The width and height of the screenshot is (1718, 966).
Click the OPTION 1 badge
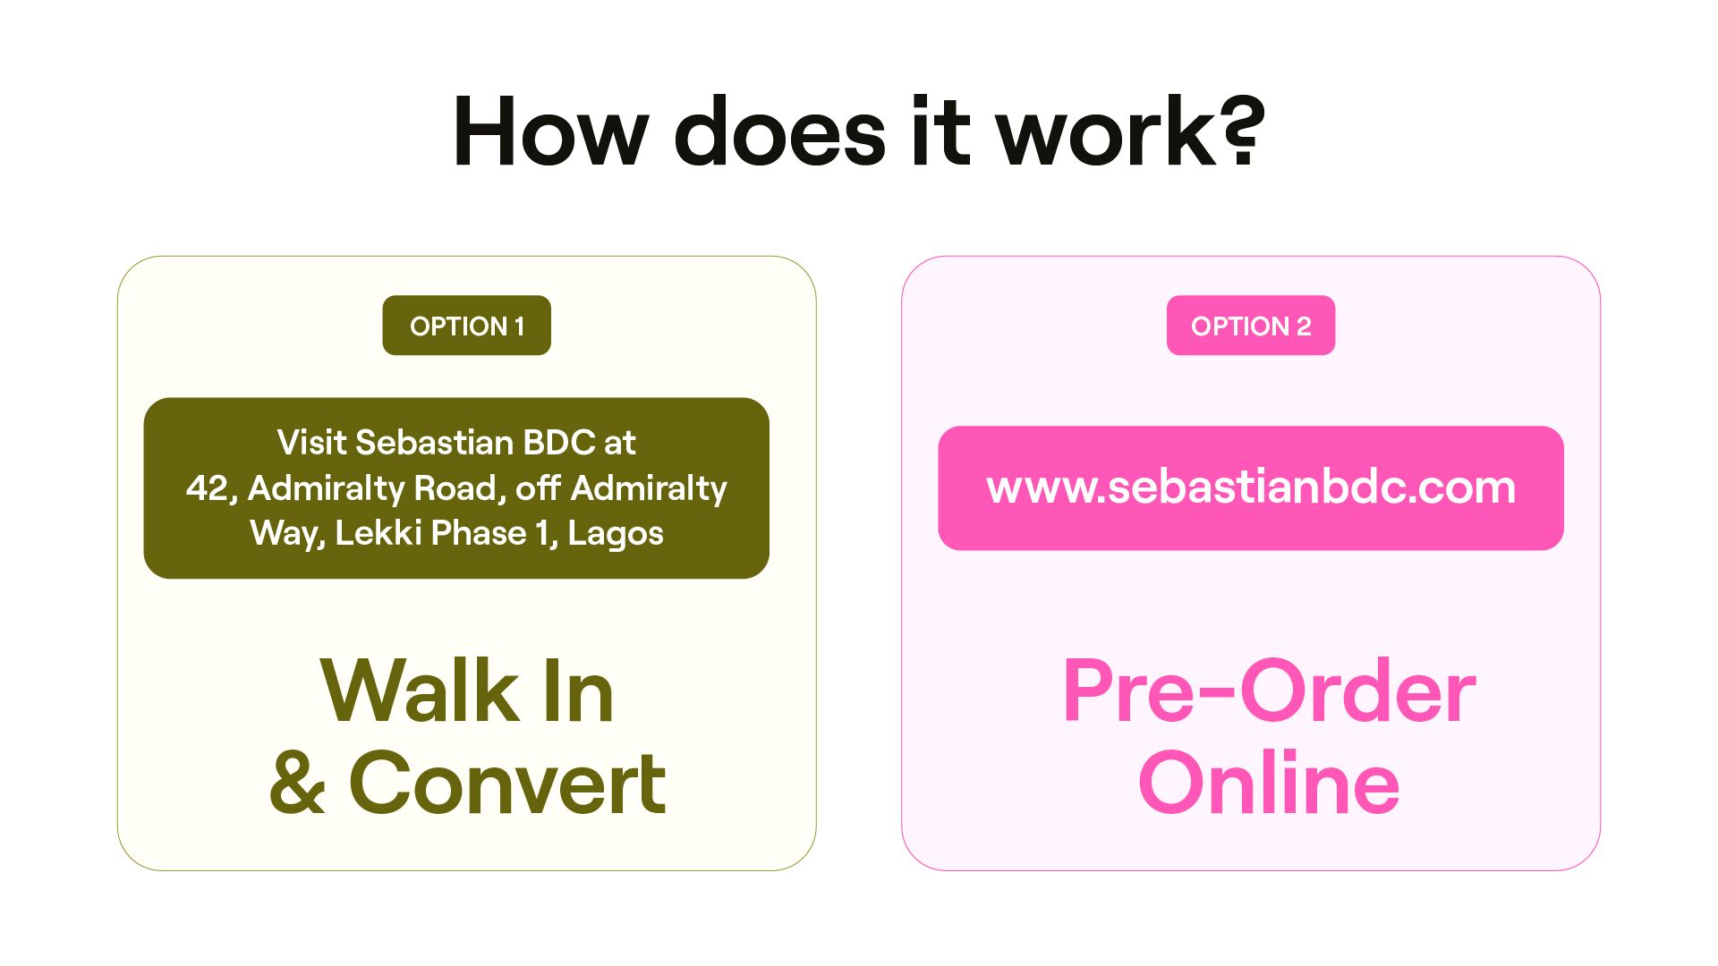click(x=466, y=326)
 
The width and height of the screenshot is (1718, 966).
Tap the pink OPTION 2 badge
click(x=1250, y=326)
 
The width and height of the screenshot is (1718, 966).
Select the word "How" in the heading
click(x=550, y=132)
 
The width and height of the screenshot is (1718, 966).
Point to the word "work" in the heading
click(x=1106, y=132)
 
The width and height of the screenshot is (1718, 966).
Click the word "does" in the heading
click(x=779, y=132)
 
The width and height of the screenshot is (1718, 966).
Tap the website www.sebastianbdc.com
click(x=1250, y=487)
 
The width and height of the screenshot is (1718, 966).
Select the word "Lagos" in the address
click(x=616, y=533)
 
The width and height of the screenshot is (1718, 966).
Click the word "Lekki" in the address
click(x=373, y=533)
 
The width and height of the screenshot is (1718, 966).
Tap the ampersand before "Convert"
click(x=297, y=783)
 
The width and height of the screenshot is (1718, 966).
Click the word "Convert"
click(x=507, y=783)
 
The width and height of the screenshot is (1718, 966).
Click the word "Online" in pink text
click(x=1268, y=783)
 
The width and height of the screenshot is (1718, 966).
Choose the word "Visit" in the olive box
click(x=311, y=442)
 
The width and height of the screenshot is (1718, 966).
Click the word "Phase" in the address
click(x=480, y=533)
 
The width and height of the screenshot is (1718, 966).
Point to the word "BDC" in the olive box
click(x=558, y=442)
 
